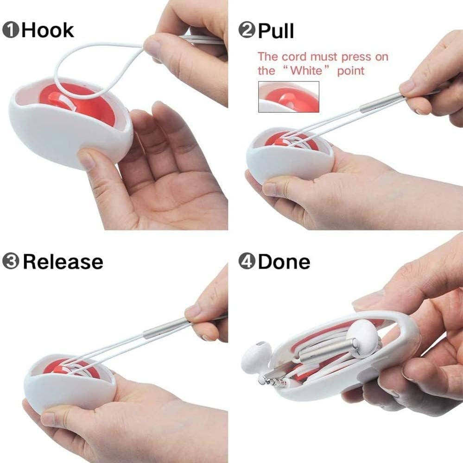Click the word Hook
pos(48,30)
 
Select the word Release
pos(63,262)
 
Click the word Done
pos(284,262)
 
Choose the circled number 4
pos(247,262)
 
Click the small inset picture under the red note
pos(288,96)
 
